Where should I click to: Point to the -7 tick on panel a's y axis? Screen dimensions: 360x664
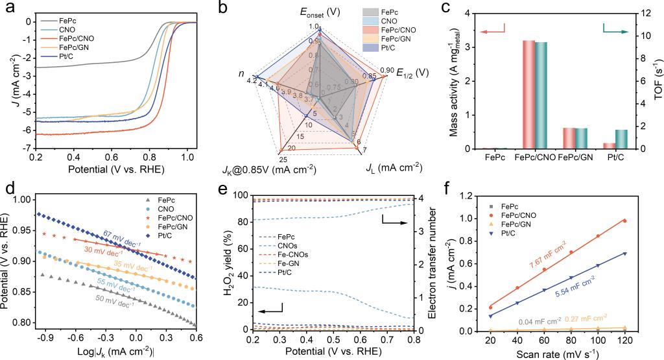tap(26, 149)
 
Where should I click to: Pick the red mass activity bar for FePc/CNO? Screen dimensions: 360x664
tap(528, 95)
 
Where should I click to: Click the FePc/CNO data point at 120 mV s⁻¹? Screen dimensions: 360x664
tap(624, 221)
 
